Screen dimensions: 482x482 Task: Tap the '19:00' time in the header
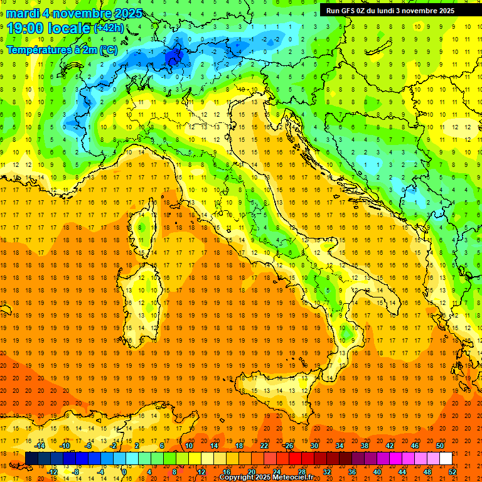point(26,28)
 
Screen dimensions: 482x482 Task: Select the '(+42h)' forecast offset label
point(109,28)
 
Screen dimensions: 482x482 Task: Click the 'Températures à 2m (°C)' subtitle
point(62,49)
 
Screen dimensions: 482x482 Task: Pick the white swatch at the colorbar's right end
point(446,458)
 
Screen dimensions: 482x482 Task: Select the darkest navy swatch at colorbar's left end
point(31,458)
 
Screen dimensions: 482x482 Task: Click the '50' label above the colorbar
point(440,446)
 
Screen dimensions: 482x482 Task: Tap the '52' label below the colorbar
point(453,471)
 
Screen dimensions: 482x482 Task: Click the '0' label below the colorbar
point(124,471)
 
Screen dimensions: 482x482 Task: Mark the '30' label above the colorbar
point(314,446)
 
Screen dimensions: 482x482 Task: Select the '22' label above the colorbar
point(264,446)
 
